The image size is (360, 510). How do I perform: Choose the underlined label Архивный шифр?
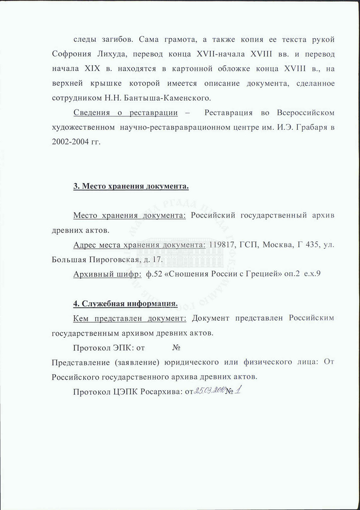pos(107,274)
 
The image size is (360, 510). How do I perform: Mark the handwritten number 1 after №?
pos(239,391)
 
